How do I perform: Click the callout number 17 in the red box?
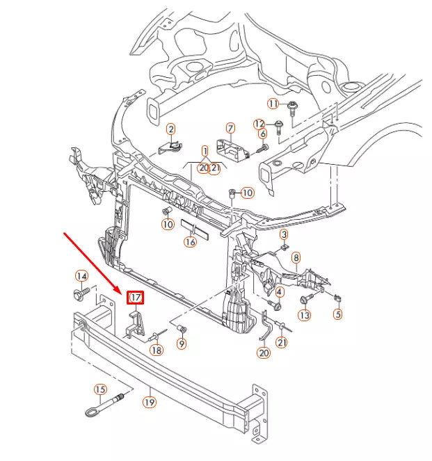coord(135,298)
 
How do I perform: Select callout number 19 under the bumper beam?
coord(149,401)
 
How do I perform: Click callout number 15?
coord(100,389)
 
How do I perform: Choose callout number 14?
coord(81,277)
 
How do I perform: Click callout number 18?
coord(157,350)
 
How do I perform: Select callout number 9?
coord(182,343)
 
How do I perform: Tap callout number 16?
coord(190,242)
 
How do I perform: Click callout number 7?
coord(230,128)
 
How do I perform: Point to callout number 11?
coord(273,104)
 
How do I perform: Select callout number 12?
coord(259,124)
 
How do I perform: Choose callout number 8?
coord(296,258)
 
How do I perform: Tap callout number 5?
coord(338,314)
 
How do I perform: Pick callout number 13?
coord(304,316)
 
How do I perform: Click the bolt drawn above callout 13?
coord(304,300)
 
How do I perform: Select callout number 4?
coord(279,291)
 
